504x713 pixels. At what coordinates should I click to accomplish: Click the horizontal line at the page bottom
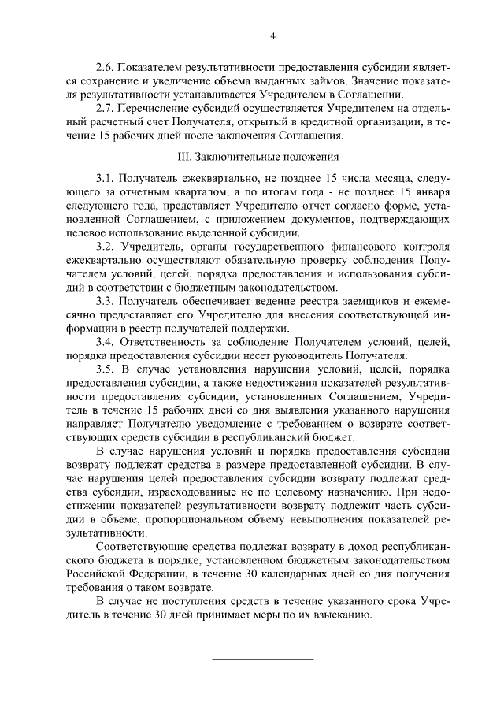point(264,659)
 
